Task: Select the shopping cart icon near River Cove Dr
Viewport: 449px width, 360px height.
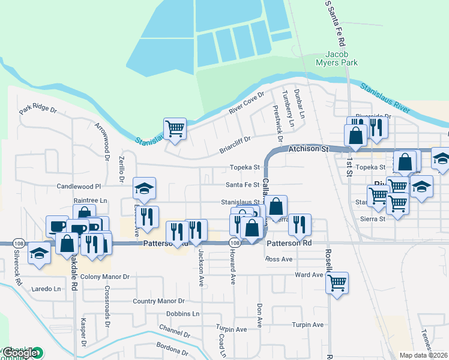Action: pyautogui.click(x=175, y=128)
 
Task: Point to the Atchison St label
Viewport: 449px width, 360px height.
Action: pyautogui.click(x=309, y=149)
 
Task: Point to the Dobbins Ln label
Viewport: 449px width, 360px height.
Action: pyautogui.click(x=182, y=314)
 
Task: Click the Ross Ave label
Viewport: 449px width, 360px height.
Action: pyautogui.click(x=279, y=259)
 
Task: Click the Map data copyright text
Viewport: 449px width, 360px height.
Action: pyautogui.click(x=424, y=355)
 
